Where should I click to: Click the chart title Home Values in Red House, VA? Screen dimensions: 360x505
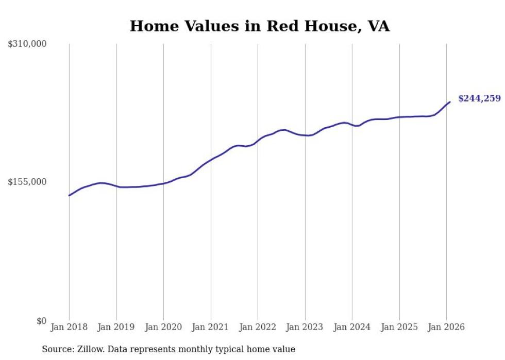[x=259, y=26]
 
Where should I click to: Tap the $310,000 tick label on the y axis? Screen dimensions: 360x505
[x=27, y=44]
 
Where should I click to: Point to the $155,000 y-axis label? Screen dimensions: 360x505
[x=27, y=182]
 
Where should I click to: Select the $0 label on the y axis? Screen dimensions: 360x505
[x=41, y=321]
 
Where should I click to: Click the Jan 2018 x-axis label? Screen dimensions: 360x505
[x=69, y=328]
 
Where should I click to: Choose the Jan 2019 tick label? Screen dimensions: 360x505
[x=116, y=328]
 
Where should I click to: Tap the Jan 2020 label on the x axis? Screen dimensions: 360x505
[x=163, y=328]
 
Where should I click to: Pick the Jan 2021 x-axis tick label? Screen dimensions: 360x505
[x=211, y=328]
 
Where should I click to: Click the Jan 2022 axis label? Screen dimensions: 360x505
[x=258, y=328]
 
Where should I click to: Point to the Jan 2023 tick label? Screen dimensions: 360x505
[x=305, y=328]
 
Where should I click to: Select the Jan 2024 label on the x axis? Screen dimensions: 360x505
[x=352, y=328]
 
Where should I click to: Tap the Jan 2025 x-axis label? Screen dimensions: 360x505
[x=399, y=328]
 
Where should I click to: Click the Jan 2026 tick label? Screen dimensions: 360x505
[x=446, y=328]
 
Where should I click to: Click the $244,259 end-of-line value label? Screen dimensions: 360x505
[x=479, y=98]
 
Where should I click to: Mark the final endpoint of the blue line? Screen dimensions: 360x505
[x=450, y=102]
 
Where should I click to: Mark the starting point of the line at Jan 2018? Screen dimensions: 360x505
[x=69, y=195]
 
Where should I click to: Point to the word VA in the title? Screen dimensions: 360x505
[x=378, y=26]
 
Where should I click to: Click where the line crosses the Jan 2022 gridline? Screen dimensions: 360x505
[x=258, y=140]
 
